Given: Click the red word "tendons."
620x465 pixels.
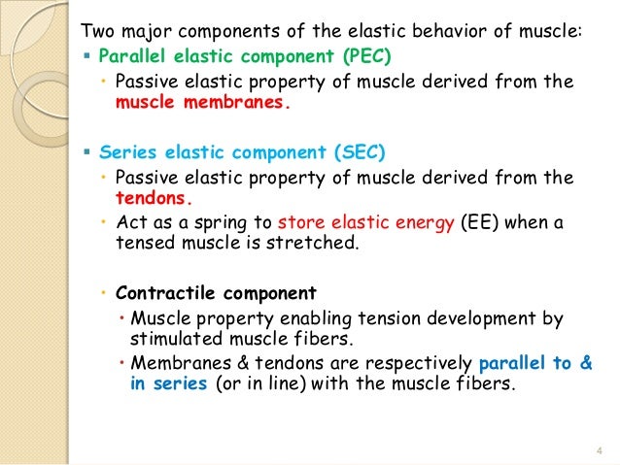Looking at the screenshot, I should coord(146,199).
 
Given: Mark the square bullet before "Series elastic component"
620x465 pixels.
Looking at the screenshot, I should coord(86,151).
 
